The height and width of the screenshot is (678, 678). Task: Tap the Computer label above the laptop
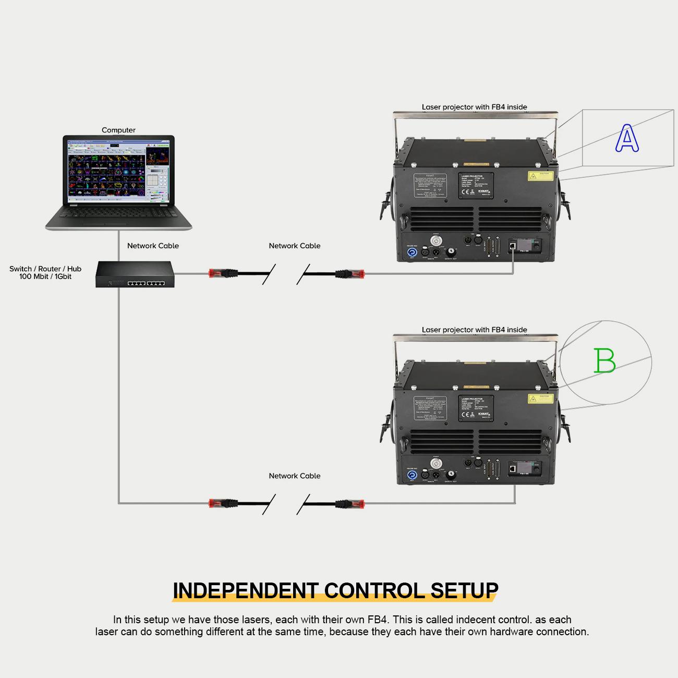pyautogui.click(x=118, y=130)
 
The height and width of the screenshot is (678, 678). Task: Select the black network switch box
pyautogui.click(x=135, y=274)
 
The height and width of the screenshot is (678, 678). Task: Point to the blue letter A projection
pyautogui.click(x=626, y=139)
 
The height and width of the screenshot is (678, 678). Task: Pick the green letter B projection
pyautogui.click(x=604, y=361)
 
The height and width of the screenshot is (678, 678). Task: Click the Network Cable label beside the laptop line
pyautogui.click(x=153, y=246)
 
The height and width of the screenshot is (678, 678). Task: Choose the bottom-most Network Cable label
pyautogui.click(x=294, y=476)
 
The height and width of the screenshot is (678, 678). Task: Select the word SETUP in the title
pyautogui.click(x=464, y=590)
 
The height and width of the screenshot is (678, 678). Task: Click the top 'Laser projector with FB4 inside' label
pyautogui.click(x=474, y=107)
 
